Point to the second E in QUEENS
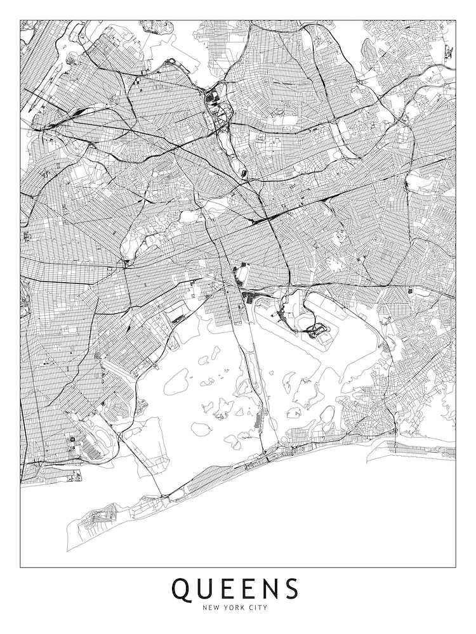tap(253, 589)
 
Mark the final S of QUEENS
tap(293, 589)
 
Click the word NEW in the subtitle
tap(211, 608)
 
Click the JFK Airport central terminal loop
tap(314, 330)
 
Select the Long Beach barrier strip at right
tap(419, 450)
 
